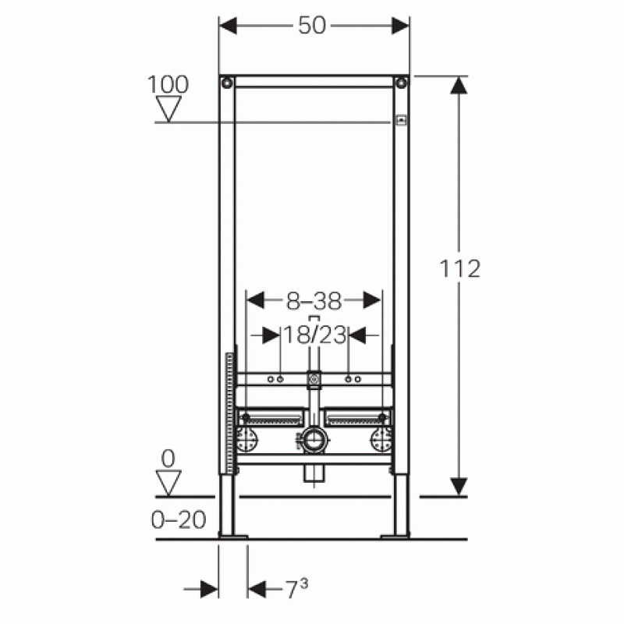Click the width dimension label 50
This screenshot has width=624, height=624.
click(x=312, y=26)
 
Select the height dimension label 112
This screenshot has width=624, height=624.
click(x=460, y=268)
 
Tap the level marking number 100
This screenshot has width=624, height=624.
click(x=168, y=84)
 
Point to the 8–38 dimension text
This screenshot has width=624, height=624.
click(x=314, y=301)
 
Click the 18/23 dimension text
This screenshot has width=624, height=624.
click(x=314, y=335)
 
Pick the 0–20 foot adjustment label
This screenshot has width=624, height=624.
click(x=179, y=519)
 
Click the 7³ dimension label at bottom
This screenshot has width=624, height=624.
click(x=296, y=589)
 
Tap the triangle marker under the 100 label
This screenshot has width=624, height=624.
click(x=168, y=108)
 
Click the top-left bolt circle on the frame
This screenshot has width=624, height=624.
click(x=227, y=83)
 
